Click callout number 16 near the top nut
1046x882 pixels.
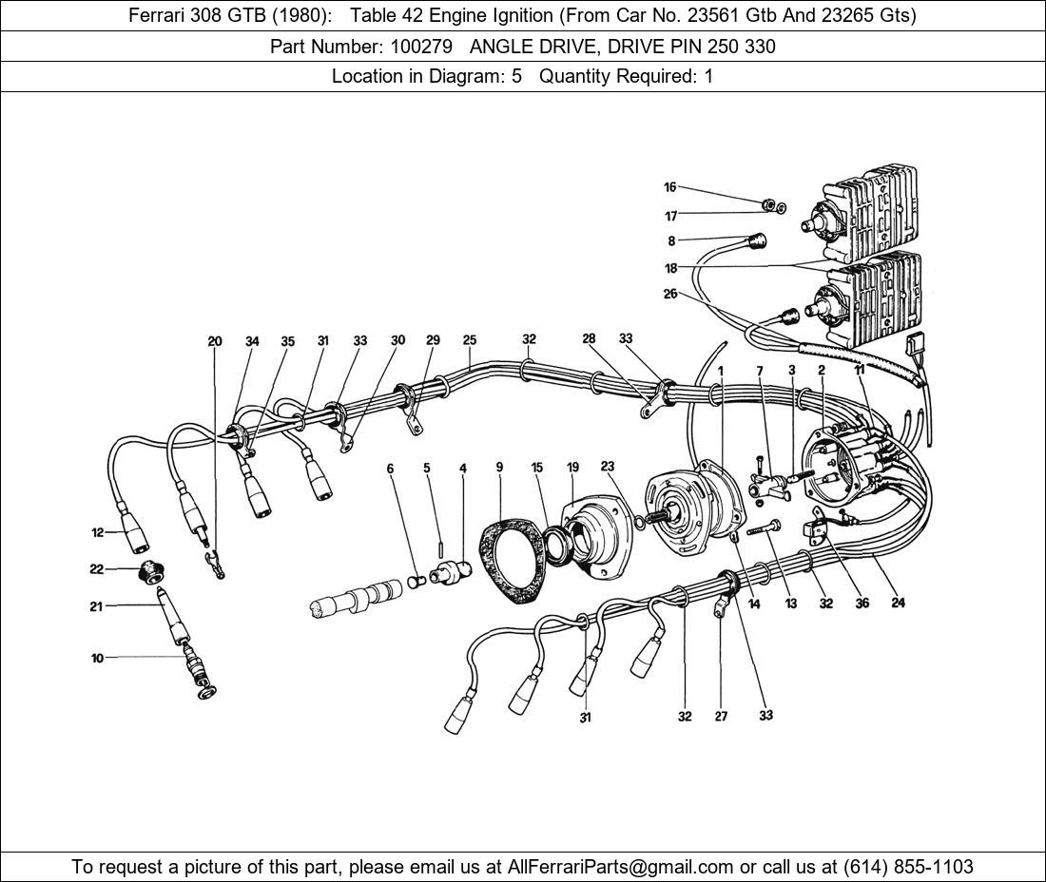(x=669, y=187)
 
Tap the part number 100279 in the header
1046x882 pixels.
(x=419, y=47)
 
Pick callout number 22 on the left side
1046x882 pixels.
(x=96, y=569)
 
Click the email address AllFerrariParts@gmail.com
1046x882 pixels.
(x=621, y=867)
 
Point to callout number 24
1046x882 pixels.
(x=898, y=603)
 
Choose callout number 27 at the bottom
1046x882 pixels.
(x=721, y=716)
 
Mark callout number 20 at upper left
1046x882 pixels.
(x=215, y=341)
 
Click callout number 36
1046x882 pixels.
(x=862, y=603)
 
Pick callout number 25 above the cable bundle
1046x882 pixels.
(x=470, y=340)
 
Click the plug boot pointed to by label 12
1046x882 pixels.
(x=136, y=539)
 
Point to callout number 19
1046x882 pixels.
(x=572, y=467)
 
